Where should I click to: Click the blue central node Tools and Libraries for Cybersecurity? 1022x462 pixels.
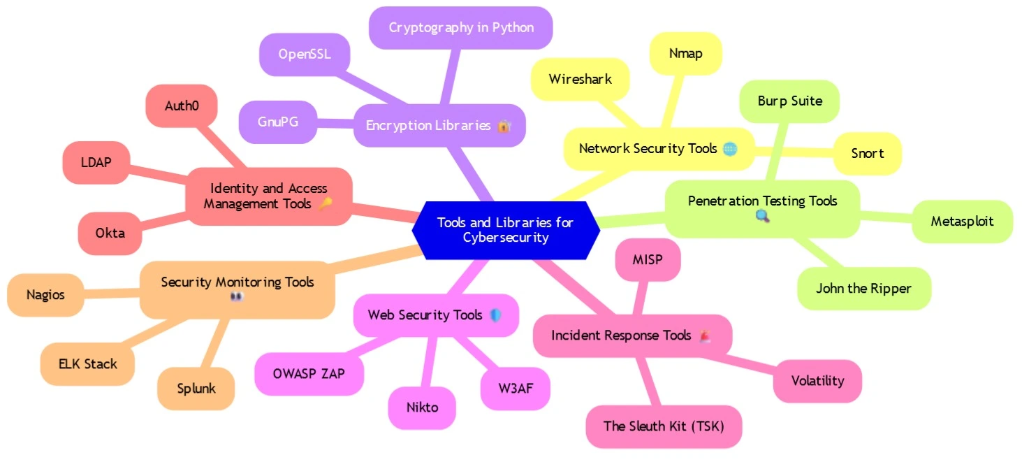tap(505, 230)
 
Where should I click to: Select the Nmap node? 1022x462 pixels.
tap(685, 53)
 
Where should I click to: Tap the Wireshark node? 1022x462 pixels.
tap(580, 79)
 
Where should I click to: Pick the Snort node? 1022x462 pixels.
tap(867, 153)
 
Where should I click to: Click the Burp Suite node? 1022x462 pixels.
tap(789, 101)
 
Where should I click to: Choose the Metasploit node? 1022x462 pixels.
tap(962, 222)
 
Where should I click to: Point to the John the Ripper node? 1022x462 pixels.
tap(863, 288)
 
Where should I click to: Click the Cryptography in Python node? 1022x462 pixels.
tap(461, 28)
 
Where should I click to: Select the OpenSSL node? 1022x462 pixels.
tap(304, 54)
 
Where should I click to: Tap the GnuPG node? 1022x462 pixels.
tap(277, 122)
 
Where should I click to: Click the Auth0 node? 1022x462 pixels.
tap(182, 106)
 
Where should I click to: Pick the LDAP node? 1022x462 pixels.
tap(96, 162)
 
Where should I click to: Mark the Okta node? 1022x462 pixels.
tap(110, 232)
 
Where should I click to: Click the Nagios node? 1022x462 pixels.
tap(45, 294)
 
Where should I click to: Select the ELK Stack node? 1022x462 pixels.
tap(87, 363)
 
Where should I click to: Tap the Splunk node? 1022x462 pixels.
tap(196, 388)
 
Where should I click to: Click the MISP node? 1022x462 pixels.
tap(648, 260)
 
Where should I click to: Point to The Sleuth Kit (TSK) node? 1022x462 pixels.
tap(663, 426)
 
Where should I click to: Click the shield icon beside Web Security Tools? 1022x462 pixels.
tap(495, 315)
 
